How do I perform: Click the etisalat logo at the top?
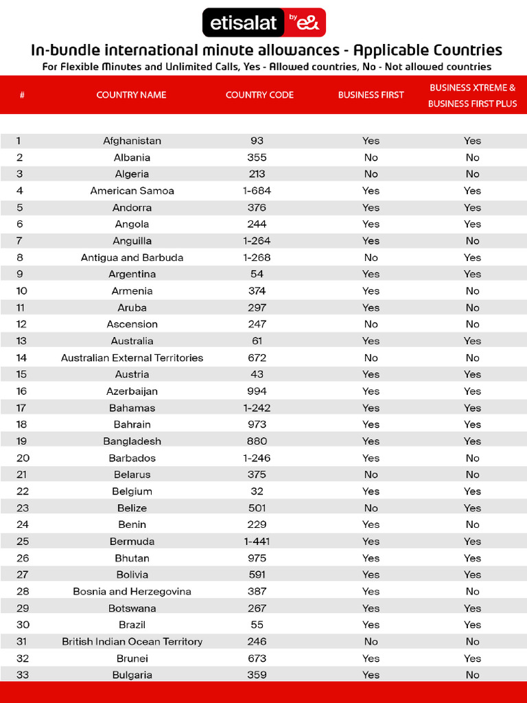pos(263,23)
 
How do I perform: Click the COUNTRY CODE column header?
pos(259,95)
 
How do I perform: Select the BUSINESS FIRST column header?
pos(371,95)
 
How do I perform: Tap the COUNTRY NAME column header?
pos(131,95)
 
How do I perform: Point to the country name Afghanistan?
pos(132,141)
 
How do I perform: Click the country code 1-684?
pos(257,191)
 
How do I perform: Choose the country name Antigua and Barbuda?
pos(132,257)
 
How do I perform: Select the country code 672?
pos(257,358)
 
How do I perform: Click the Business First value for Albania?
pos(371,157)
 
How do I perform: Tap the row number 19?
pos(21,441)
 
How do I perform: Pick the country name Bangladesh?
pos(132,441)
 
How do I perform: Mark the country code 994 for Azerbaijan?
pos(257,391)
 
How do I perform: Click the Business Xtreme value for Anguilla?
pos(472,241)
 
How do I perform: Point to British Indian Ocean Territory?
pos(132,642)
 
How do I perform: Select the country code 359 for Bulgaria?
pos(257,675)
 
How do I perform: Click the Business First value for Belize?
pos(371,508)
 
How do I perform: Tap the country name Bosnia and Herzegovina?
pos(132,592)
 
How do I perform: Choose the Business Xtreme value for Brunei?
pos(472,658)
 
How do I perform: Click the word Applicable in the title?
pos(389,50)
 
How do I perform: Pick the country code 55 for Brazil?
pos(257,625)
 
